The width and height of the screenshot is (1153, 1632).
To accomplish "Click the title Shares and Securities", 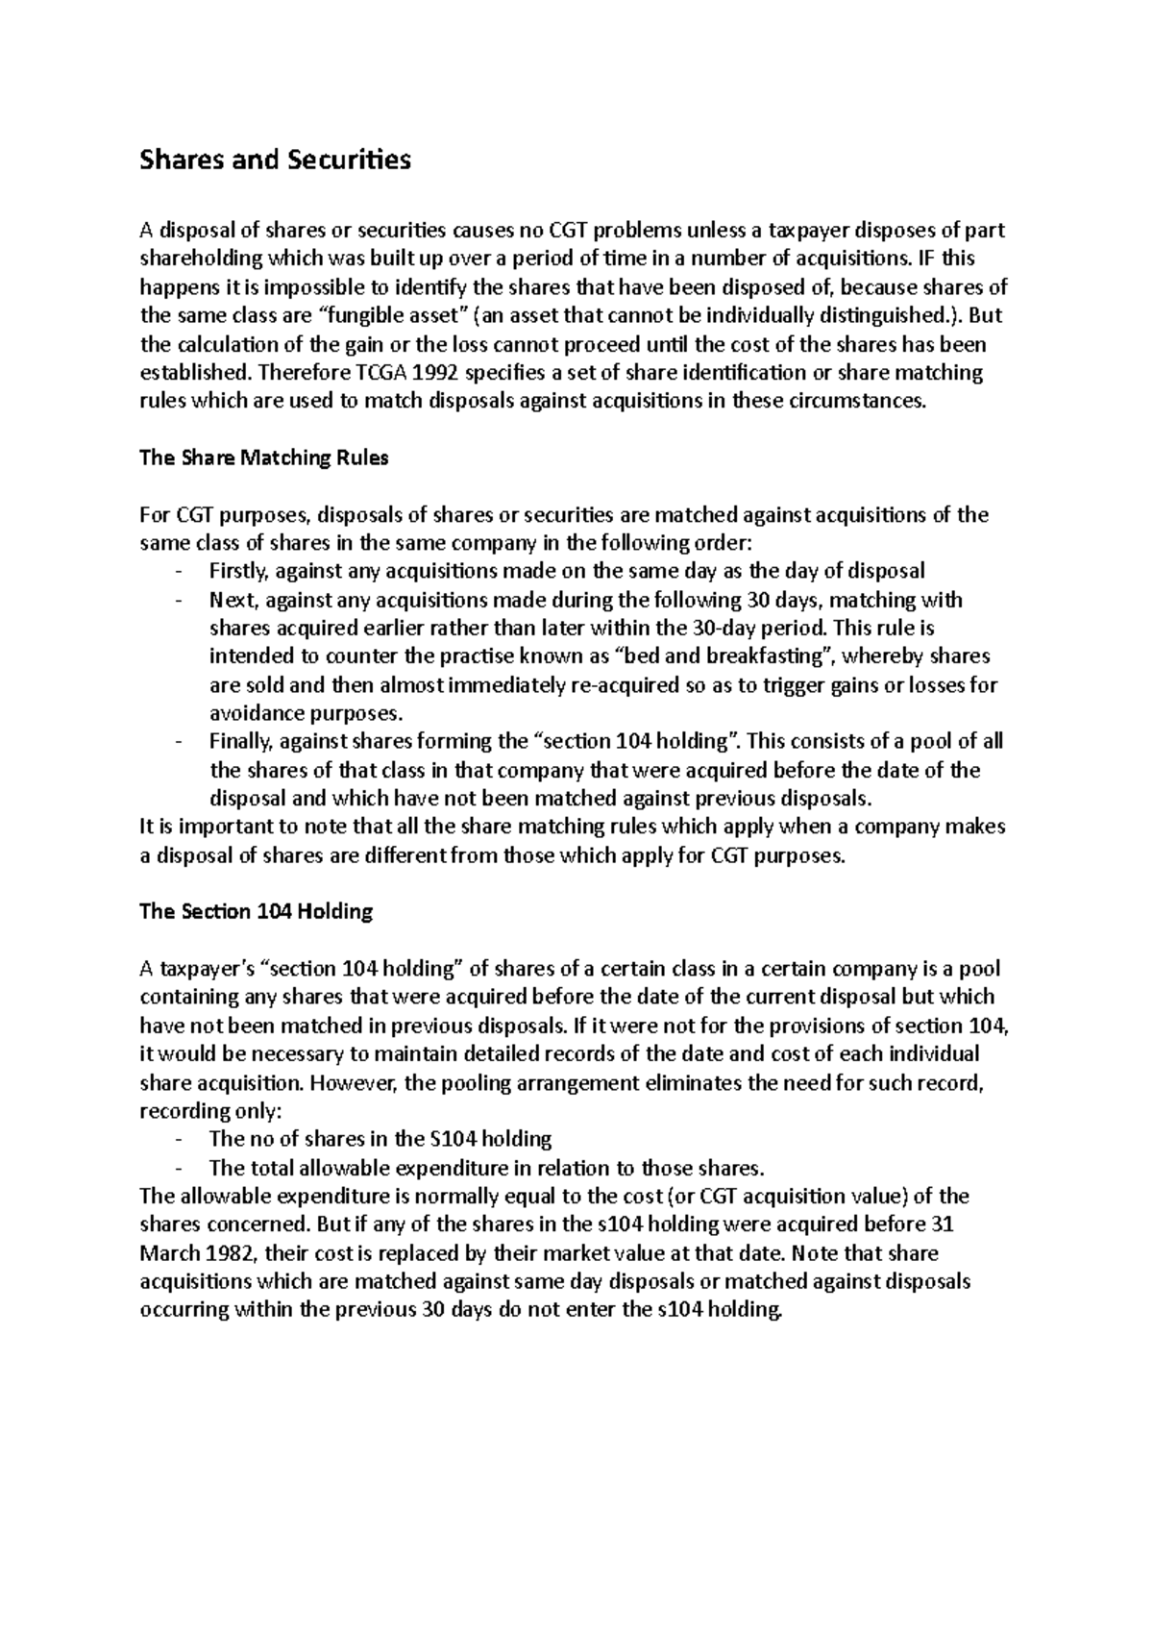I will pos(275,160).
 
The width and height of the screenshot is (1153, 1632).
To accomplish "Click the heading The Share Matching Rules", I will pos(263,457).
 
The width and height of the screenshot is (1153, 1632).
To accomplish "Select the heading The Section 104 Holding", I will pos(256,911).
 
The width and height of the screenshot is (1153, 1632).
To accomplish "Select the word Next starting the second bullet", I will pos(231,600).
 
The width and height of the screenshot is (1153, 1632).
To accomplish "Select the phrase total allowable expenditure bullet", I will pos(390,1169).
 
